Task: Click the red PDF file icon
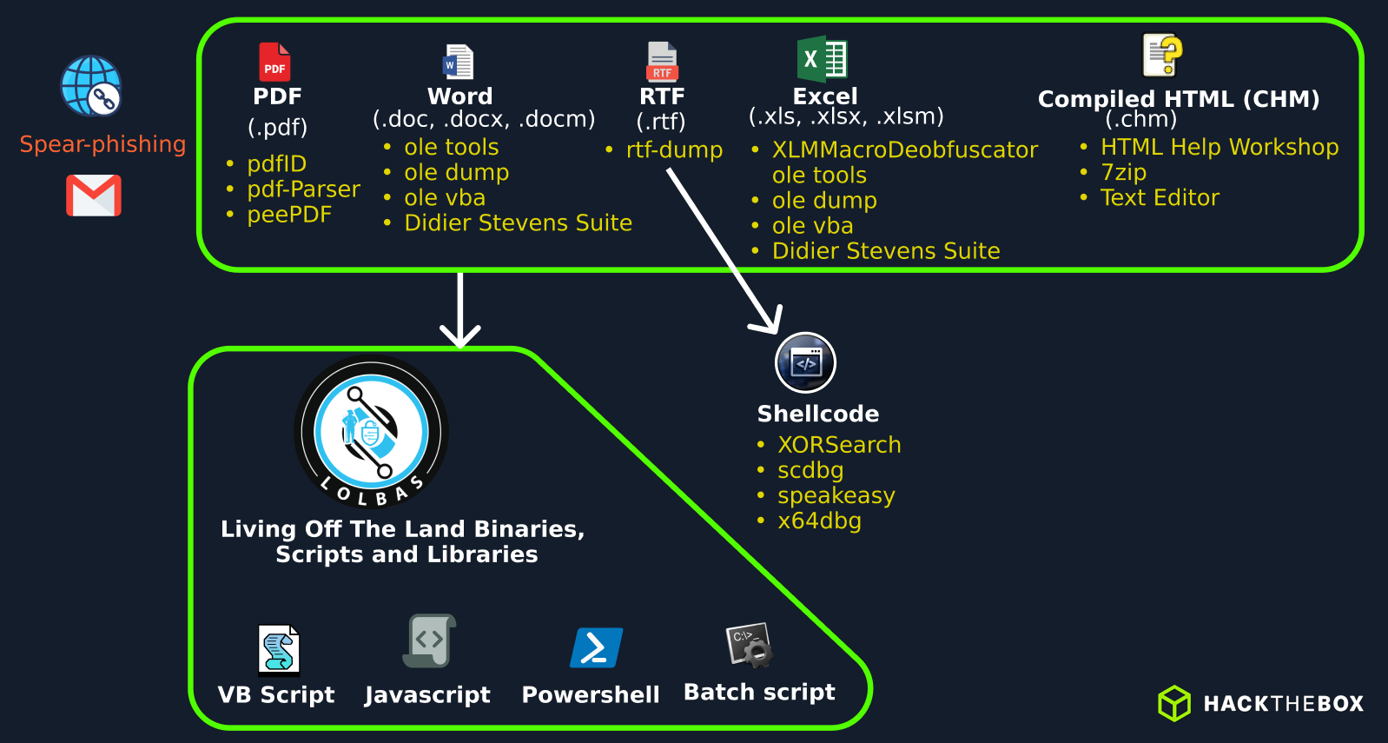[274, 62]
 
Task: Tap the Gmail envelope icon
[94, 196]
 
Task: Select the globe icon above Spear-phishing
[91, 86]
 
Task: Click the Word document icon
[459, 63]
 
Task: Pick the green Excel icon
[822, 59]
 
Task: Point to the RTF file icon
[662, 62]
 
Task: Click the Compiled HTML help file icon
[1162, 56]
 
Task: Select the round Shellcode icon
[805, 363]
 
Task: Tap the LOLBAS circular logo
[372, 433]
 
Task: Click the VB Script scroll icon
[279, 649]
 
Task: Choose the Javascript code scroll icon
[430, 640]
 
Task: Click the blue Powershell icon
[596, 647]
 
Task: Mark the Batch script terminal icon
[750, 645]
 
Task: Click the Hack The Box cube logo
[1174, 703]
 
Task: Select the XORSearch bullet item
[839, 445]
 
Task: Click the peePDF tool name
[289, 215]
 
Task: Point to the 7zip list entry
[1123, 172]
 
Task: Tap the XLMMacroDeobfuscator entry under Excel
[904, 150]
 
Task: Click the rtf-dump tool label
[674, 150]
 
